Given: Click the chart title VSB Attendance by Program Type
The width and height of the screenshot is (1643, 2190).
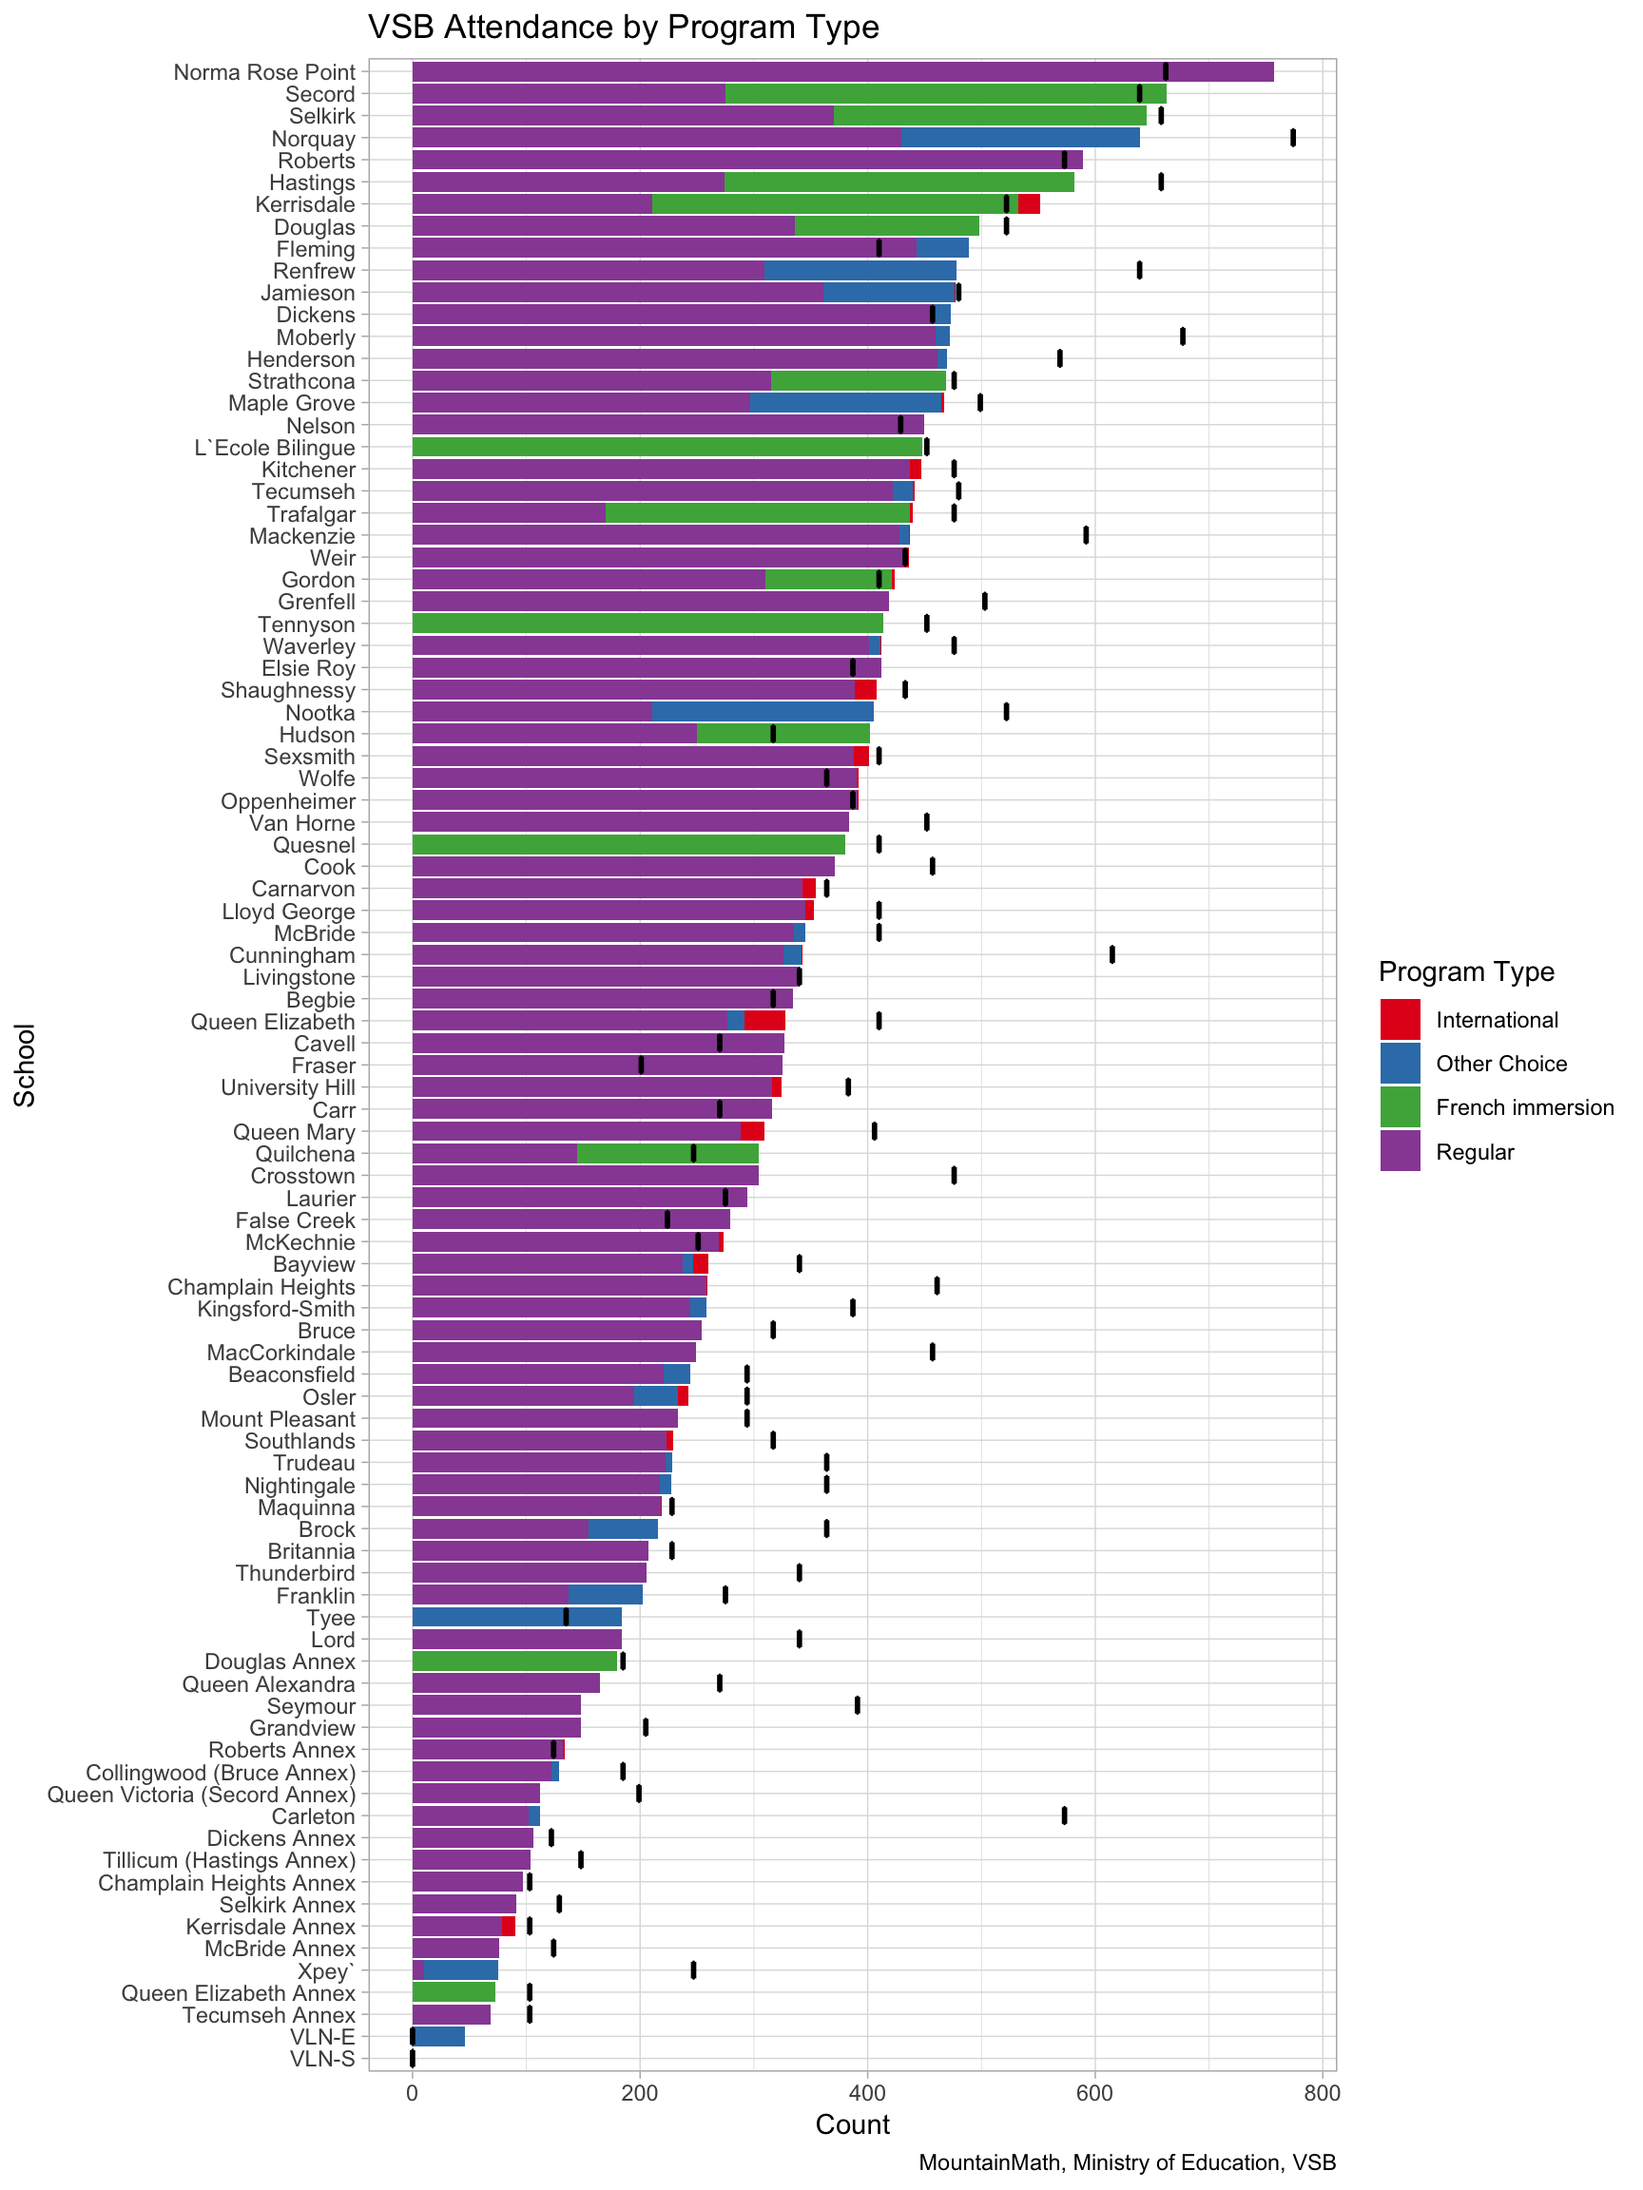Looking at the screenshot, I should coord(623,28).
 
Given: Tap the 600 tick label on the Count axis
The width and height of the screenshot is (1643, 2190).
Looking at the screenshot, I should coord(1094,2093).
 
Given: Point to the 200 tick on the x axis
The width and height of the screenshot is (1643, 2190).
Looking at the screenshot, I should coord(640,2093).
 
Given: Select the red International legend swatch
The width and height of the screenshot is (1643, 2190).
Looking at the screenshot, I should coord(1400,1020).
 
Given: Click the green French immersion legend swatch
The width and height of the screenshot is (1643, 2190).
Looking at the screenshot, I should coord(1400,1106).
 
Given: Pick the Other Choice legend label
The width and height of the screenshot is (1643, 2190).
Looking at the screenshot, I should coord(1501,1064).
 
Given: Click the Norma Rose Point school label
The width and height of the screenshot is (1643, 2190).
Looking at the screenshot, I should coord(263,72).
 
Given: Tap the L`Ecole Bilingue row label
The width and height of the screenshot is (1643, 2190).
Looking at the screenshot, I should coord(275,448).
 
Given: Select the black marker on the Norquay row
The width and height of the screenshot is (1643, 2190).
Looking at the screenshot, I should coord(1292,138).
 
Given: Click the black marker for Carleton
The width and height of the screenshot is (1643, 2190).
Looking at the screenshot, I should coord(1064,1815).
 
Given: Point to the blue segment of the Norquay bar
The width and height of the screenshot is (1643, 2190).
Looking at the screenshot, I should coord(1020,138).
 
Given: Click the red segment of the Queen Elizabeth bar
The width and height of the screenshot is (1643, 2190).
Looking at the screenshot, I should coord(764,1021).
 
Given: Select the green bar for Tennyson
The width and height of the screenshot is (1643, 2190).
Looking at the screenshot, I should coord(647,624).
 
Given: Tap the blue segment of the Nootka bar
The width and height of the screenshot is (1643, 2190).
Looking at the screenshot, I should coord(763,712).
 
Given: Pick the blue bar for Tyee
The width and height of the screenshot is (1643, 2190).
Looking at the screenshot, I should coord(516,1617).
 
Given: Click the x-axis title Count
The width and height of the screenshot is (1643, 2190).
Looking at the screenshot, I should coord(853,2125).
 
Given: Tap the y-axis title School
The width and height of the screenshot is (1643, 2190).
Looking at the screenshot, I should coord(25,1065).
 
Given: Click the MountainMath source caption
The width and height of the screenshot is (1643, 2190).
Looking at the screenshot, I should coord(1127,2162).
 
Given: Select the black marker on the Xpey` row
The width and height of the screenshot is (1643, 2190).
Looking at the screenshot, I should coord(693,1969).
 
